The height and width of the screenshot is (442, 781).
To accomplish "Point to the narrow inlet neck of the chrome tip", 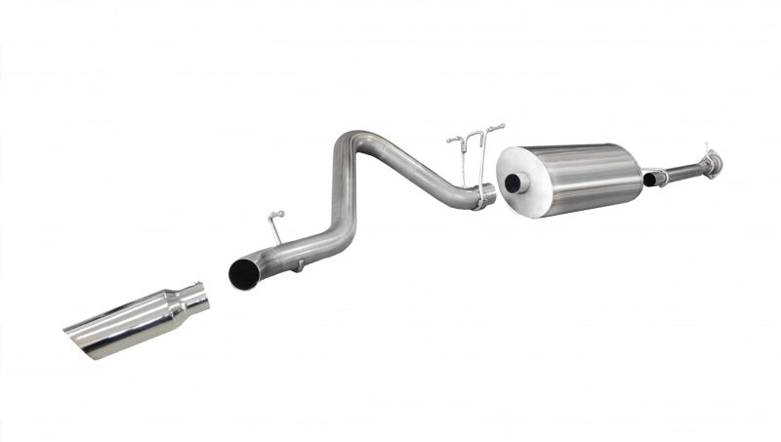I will click(193, 298).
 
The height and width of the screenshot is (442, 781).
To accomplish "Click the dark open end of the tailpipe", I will click(242, 274).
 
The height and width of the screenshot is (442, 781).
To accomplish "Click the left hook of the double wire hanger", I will click(455, 141).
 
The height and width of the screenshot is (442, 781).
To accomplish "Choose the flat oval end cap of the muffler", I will click(517, 183).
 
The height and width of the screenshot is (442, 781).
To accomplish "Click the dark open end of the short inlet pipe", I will click(649, 180).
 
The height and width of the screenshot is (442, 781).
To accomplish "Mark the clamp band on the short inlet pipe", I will click(664, 177).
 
